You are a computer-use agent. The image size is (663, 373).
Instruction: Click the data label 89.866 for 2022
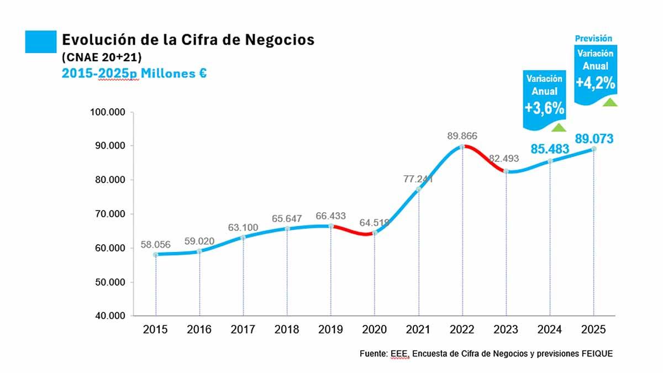point(462,136)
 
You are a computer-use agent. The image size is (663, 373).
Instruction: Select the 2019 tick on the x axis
point(330,330)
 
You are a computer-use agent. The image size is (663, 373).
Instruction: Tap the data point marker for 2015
point(156,254)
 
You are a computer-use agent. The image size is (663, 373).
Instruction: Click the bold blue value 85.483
point(550,149)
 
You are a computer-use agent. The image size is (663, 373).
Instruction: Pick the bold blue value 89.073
point(594,139)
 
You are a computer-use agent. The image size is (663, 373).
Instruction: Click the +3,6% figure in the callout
point(545,108)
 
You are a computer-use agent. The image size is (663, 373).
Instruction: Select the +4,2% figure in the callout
point(596,83)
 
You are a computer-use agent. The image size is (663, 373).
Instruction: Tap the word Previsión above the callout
point(594,39)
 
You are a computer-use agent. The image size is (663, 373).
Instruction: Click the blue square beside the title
point(41,41)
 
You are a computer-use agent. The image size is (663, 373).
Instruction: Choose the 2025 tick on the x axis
point(594,330)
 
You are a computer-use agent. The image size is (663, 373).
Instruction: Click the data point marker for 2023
point(506,171)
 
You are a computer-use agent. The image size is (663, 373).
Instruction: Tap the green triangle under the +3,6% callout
point(559,128)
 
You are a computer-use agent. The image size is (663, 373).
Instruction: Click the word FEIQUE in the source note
point(597,354)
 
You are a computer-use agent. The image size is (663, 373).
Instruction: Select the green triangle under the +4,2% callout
point(610,102)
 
